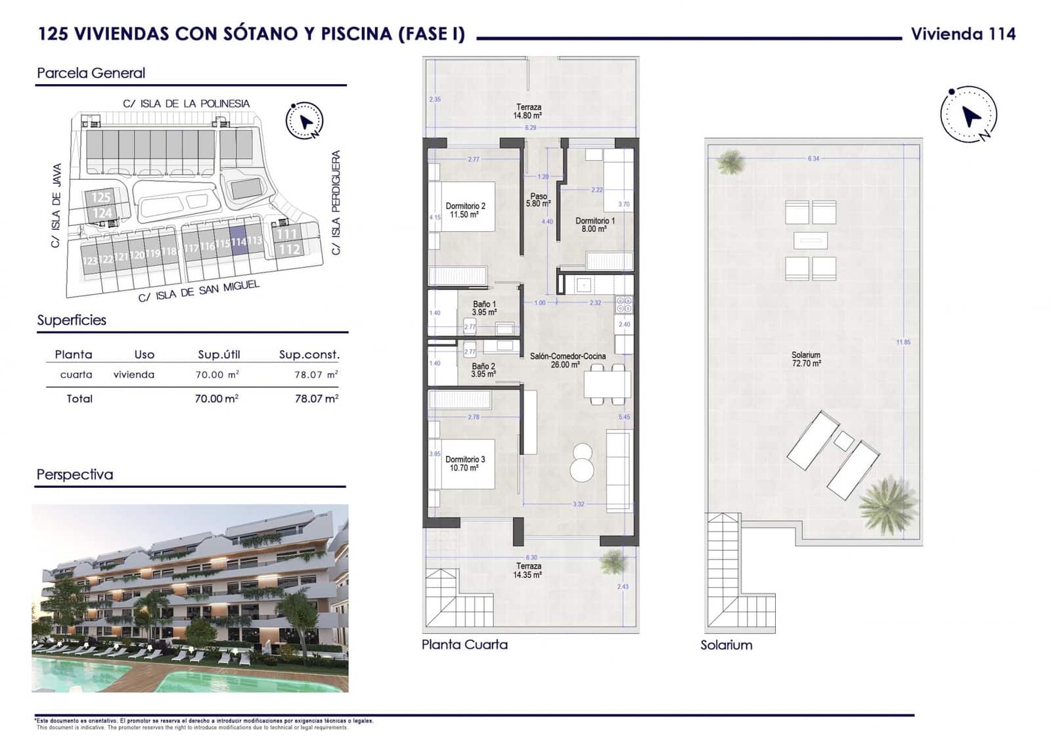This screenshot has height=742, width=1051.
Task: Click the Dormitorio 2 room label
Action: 465,209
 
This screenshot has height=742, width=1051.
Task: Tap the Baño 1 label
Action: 484,308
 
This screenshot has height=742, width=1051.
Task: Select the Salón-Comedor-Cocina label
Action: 568,360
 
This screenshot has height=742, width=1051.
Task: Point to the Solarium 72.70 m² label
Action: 805,359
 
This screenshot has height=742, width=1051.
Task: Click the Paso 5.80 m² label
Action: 538,200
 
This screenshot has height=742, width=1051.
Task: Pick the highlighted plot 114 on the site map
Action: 238,241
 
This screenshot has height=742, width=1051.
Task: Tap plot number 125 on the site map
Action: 101,197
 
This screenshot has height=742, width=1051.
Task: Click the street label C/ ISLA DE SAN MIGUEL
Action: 198,291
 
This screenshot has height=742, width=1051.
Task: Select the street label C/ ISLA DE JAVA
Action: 56,205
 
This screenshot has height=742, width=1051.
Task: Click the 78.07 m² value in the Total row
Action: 316,399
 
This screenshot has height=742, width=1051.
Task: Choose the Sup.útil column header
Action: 219,355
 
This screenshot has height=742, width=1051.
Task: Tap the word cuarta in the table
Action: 76,374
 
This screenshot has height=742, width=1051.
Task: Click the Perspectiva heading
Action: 75,474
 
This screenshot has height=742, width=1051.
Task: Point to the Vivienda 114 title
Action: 963,34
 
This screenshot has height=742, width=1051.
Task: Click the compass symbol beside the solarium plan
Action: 968,115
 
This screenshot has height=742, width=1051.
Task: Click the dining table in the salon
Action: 607,384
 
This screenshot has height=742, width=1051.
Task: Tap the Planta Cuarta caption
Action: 464,644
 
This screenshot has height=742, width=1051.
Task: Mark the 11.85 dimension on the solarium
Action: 903,342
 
